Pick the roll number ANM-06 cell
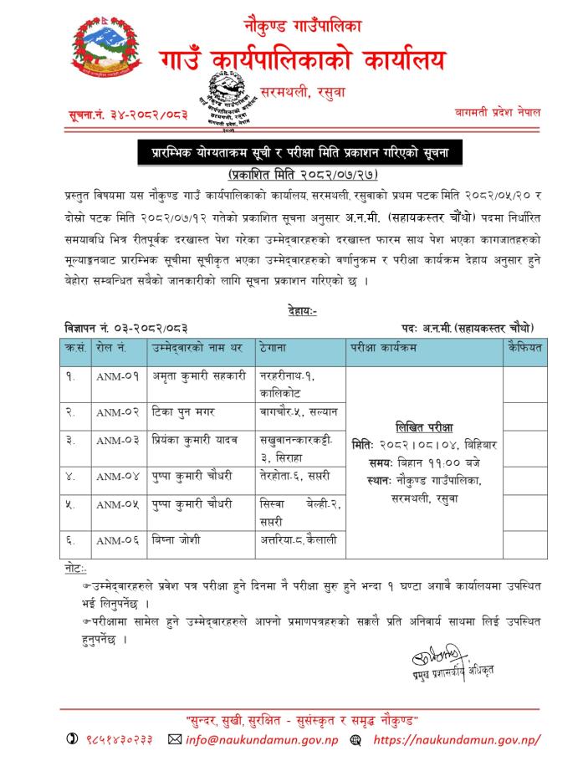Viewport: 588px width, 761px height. point(118,540)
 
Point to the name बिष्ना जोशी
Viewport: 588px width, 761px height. point(176,539)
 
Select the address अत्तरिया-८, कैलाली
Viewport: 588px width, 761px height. point(299,540)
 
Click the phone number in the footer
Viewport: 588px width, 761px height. point(118,739)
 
